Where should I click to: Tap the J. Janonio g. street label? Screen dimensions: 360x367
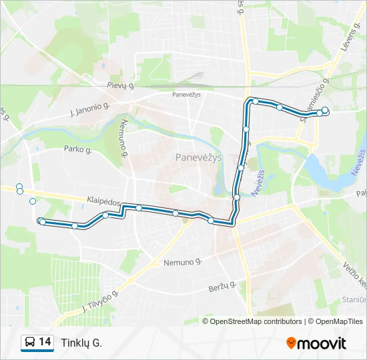pos(89,108)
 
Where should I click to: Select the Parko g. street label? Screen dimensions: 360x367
pos(77,149)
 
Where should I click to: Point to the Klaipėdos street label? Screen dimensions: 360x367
pos(103,201)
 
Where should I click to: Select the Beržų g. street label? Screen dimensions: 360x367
pos(223,287)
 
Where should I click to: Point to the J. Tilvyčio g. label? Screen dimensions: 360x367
pos(99,302)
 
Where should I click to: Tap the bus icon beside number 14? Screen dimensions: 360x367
pos(30,343)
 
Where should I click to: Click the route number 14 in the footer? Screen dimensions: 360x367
pos(45,343)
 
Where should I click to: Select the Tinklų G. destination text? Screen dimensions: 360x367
pos(81,343)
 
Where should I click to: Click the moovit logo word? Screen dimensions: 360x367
pos(322,343)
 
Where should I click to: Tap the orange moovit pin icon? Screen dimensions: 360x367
pos(291,343)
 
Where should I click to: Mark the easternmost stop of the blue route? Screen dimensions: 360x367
pos(325,110)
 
